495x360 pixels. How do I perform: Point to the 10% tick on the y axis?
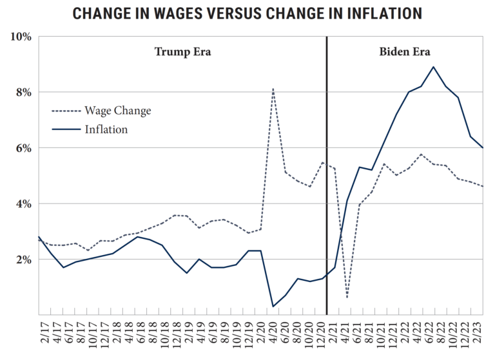(21, 37)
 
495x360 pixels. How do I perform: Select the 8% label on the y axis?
(23, 92)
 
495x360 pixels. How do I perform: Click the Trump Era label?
(182, 52)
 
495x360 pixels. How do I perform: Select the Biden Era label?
(404, 52)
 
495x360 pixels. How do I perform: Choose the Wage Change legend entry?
(117, 111)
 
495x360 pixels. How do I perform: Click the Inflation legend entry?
(106, 129)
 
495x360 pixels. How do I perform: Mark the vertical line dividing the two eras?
(327, 174)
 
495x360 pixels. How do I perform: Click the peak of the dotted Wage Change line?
(273, 89)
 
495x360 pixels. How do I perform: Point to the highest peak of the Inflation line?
(433, 67)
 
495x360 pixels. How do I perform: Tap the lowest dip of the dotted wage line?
(347, 297)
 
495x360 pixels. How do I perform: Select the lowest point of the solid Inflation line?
(273, 306)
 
